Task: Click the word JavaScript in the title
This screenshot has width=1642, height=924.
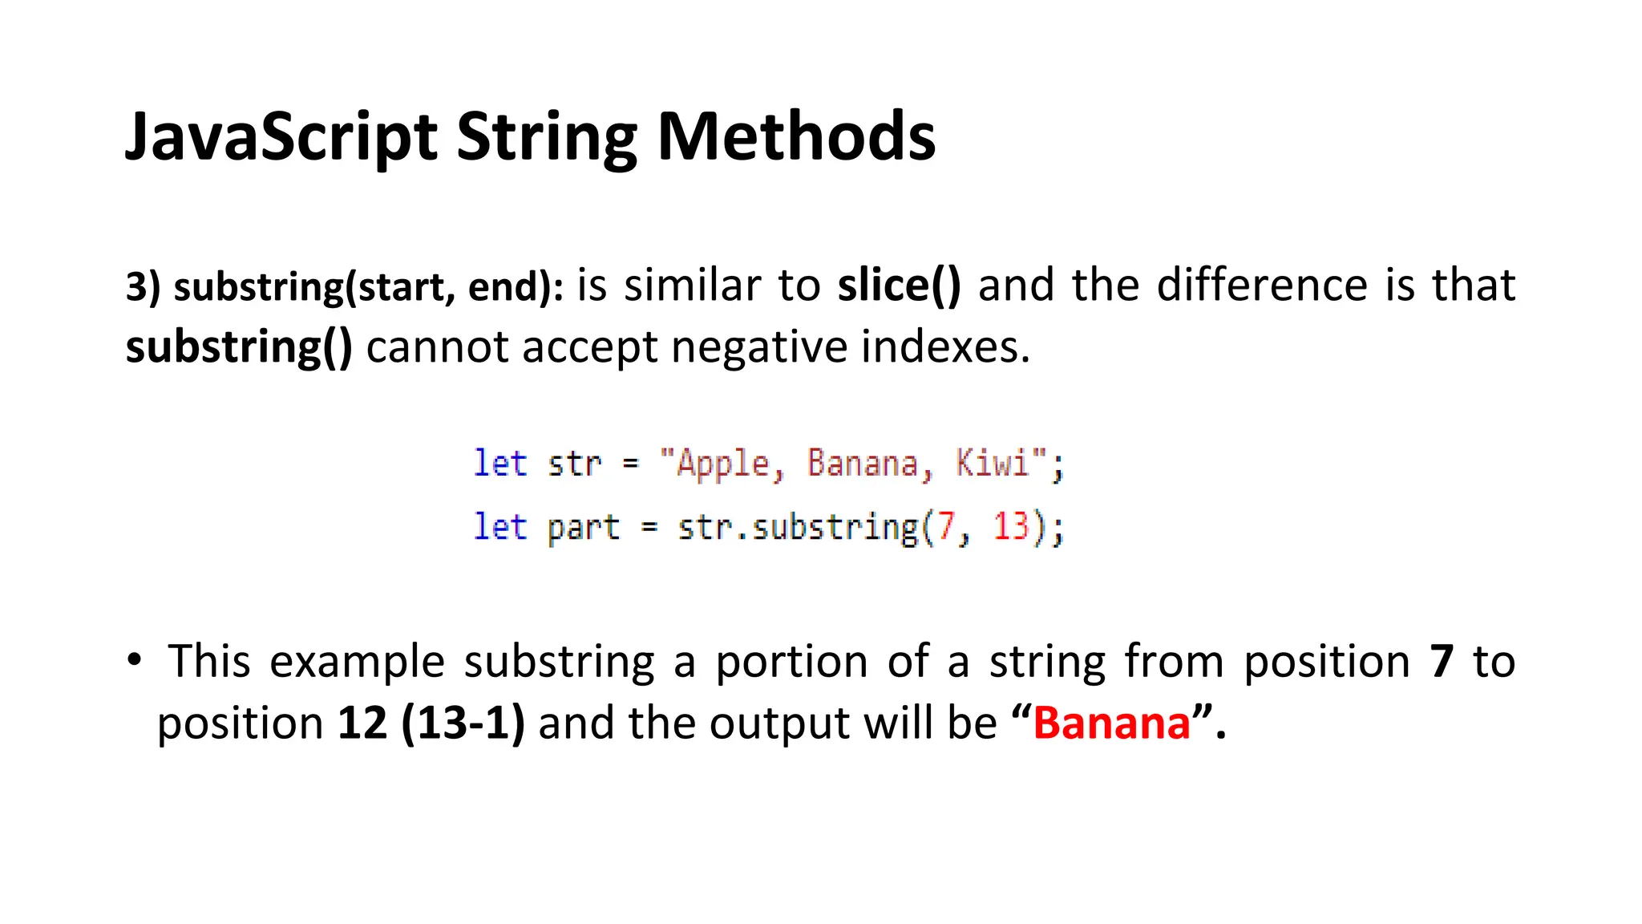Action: click(281, 136)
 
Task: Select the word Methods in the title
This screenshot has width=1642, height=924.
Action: click(795, 136)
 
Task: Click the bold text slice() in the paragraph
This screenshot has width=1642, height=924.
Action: click(899, 286)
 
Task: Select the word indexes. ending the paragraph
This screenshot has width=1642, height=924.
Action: click(945, 347)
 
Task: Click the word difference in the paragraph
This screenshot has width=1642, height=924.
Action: click(1262, 286)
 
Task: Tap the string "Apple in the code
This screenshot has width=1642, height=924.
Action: click(714, 464)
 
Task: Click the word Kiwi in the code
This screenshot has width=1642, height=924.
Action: click(992, 464)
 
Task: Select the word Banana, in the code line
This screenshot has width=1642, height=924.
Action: click(870, 464)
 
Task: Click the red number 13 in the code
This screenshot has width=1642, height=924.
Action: click(1010, 527)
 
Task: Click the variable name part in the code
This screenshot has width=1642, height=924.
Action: click(583, 528)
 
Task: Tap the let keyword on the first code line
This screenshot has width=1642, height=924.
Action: click(499, 464)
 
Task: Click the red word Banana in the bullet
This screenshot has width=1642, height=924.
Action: click(1111, 723)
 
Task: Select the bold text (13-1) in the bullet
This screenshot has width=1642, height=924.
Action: click(463, 723)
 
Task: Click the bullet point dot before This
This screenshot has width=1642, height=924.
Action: click(134, 661)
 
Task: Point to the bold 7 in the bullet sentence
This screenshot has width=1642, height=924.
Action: click(1441, 662)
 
